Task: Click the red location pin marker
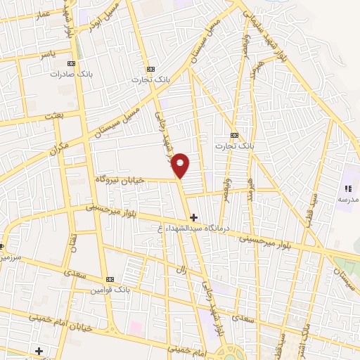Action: [181, 165]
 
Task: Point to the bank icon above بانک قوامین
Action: [108, 279]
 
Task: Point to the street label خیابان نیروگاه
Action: [120, 180]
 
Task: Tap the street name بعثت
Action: [53, 115]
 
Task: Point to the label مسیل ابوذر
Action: [98, 20]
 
